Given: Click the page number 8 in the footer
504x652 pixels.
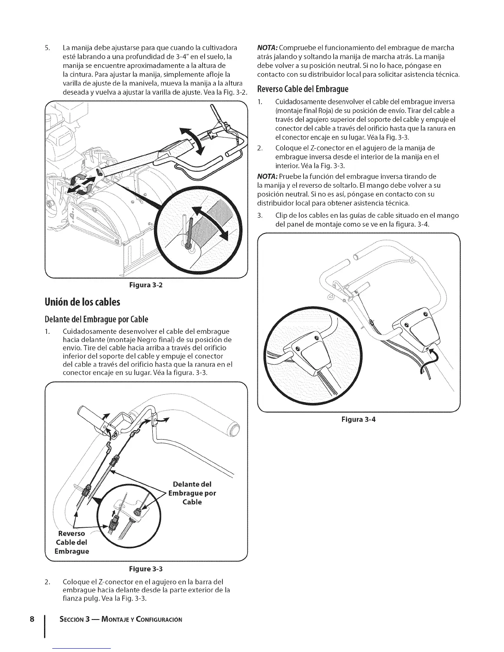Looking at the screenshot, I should pyautogui.click(x=31, y=619).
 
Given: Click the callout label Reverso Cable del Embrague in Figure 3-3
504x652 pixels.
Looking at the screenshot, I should pyautogui.click(x=72, y=542).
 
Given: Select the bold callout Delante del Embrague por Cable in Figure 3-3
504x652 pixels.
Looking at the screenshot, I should pyautogui.click(x=192, y=493).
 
